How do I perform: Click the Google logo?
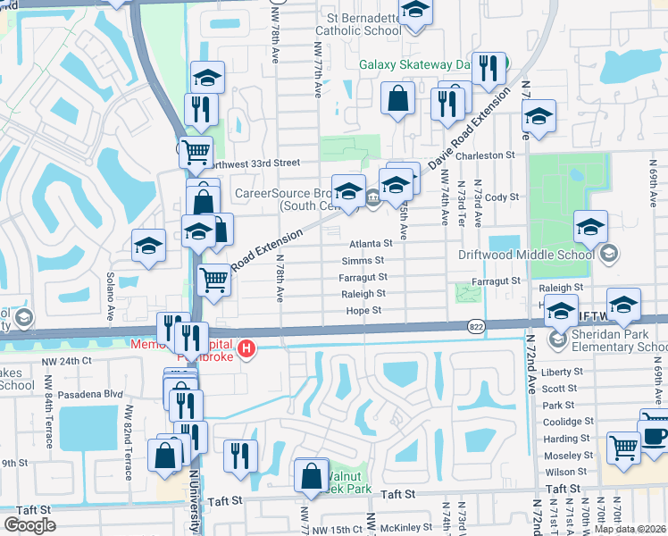(x=30, y=525)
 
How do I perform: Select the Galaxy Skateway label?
(x=414, y=64)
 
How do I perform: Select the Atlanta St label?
(x=371, y=243)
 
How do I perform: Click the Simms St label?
(x=363, y=260)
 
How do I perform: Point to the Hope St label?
(x=364, y=311)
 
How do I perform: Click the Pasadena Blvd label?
(x=89, y=394)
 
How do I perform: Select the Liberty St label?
(x=562, y=372)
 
